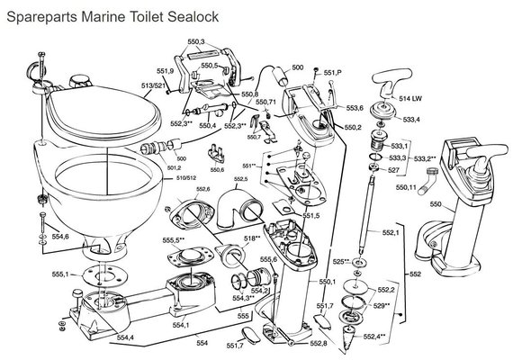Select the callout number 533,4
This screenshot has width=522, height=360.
410,119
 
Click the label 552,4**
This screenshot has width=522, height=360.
373,337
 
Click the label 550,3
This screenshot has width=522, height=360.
196,41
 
